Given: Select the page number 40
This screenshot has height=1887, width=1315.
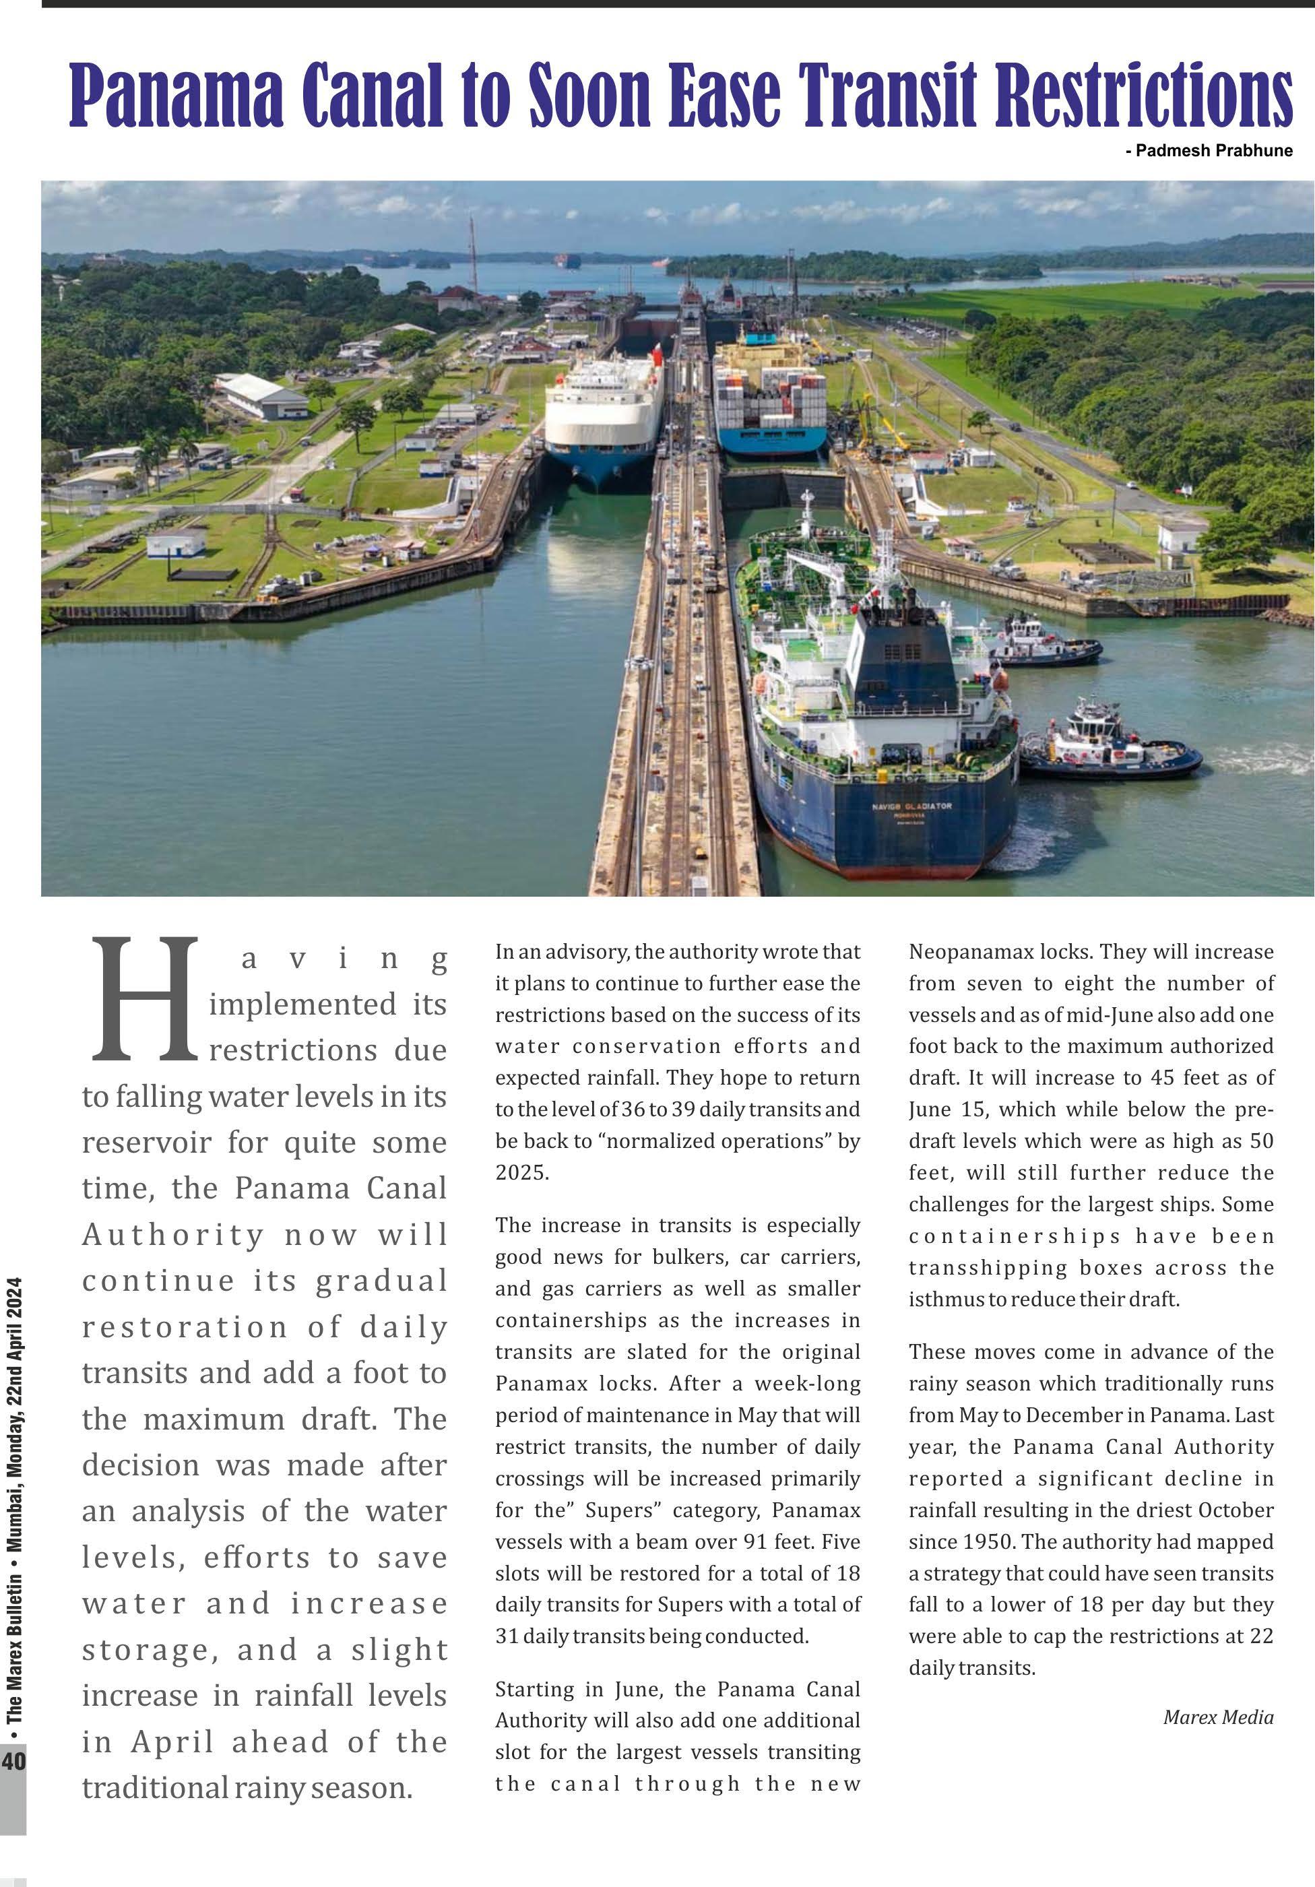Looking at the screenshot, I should (13, 1760).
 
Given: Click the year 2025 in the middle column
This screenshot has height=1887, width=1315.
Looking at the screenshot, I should (521, 1172).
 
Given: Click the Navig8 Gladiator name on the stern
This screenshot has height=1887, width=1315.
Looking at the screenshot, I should (911, 806).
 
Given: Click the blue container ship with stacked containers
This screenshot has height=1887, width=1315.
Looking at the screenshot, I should (769, 403).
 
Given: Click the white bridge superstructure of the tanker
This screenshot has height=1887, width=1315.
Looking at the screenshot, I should (904, 674).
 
